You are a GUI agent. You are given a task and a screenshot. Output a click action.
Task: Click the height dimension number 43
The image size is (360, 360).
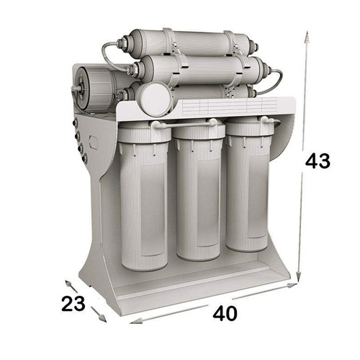pyautogui.click(x=318, y=161)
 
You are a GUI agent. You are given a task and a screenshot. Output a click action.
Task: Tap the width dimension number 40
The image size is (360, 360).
pyautogui.click(x=225, y=313)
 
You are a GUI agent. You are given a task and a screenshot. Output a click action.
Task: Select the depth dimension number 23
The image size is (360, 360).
pyautogui.click(x=73, y=304)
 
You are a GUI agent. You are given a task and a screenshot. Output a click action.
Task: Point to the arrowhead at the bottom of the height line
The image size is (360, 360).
pyautogui.click(x=298, y=276)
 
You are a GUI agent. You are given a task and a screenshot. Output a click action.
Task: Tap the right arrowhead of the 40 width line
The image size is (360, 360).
pyautogui.click(x=292, y=286)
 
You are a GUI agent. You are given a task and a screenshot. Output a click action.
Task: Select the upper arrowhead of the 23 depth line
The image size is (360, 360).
pyautogui.click(x=68, y=284)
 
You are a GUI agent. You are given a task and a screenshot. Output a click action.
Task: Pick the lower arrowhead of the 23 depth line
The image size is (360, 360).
pyautogui.click(x=103, y=318)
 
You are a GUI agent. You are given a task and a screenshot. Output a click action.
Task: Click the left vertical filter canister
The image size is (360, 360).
pyautogui.click(x=143, y=196)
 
